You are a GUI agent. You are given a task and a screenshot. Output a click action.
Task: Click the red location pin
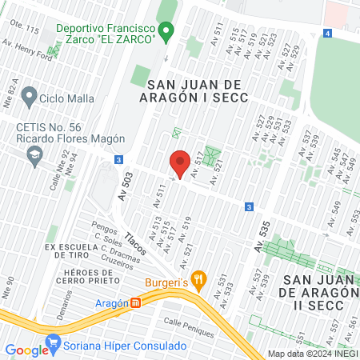coord(180,163)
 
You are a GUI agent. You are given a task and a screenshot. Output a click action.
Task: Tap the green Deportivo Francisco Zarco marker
coord(166,33)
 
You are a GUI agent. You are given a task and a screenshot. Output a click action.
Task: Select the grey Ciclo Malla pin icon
coord(30,98)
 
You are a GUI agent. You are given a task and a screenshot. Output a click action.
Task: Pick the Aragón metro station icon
coord(137,303)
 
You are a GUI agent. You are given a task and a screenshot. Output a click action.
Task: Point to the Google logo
coord(26,350)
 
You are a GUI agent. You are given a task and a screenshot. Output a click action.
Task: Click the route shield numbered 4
coord(327,33)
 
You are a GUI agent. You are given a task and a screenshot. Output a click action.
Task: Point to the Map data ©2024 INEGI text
coord(311,354)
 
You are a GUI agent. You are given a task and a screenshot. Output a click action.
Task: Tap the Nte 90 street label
coord(10,286)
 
